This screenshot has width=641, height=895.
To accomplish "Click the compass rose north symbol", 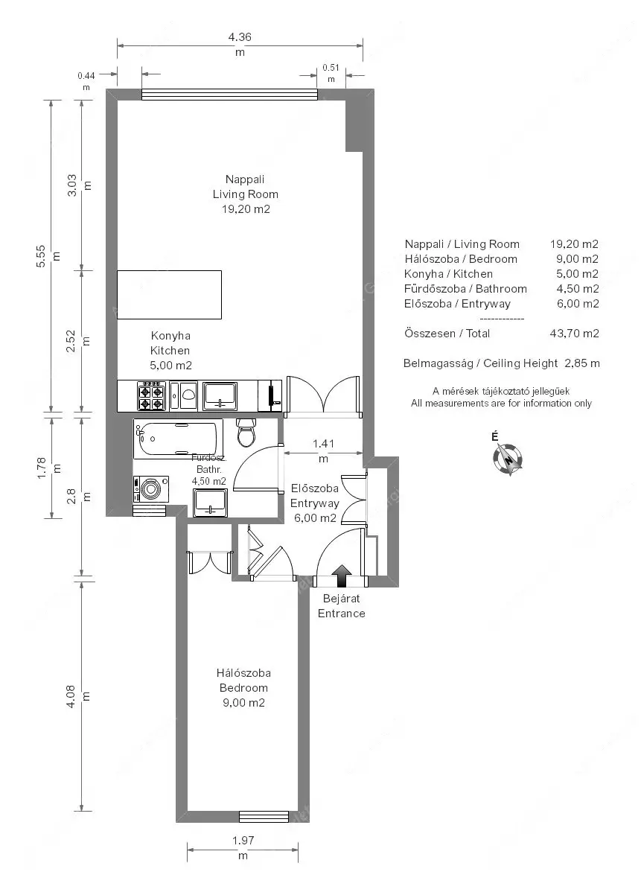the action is point(508,459).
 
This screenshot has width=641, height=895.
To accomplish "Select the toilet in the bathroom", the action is point(246,433).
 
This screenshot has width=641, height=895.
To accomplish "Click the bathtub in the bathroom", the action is point(178,439).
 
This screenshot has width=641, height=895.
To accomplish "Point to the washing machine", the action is point(150,488).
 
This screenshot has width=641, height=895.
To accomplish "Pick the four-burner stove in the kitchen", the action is point(151,395).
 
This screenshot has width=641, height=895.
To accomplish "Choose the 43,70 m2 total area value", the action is point(574,334).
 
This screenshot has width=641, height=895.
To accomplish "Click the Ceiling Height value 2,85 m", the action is point(582,363).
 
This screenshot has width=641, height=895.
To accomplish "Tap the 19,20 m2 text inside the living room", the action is point(246,209).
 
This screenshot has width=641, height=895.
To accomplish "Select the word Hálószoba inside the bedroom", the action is point(243,673).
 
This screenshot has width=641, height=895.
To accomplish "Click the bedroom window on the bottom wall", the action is point(264,817).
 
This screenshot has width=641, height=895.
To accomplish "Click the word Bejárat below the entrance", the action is point(341,599).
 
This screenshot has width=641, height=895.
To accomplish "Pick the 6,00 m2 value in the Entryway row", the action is point(578,304).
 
